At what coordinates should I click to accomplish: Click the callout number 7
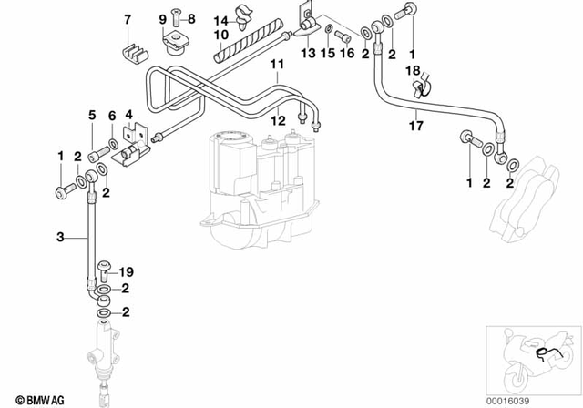[128, 18]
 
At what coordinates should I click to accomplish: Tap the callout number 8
[192, 18]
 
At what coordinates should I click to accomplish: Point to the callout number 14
[220, 20]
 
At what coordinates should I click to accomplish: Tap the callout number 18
[412, 70]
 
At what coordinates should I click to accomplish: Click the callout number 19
[127, 270]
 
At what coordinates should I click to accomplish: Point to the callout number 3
[59, 237]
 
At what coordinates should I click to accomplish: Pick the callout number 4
[129, 116]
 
